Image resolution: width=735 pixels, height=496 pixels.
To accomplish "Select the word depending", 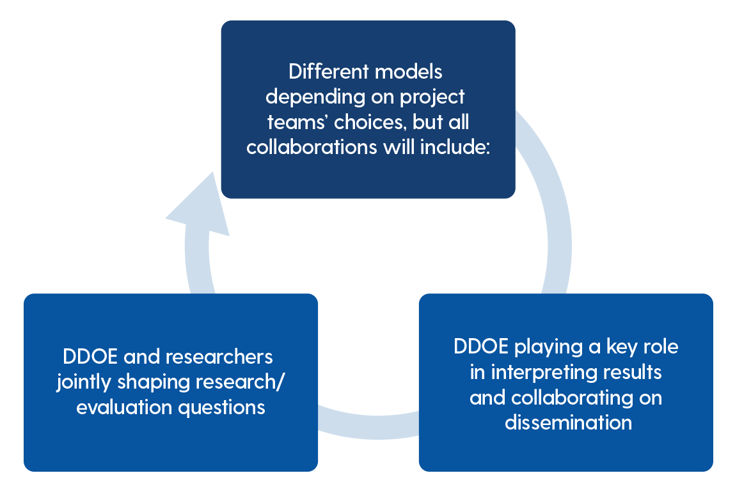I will point(312,97).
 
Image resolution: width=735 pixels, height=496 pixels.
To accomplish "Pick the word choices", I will point(363,122).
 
